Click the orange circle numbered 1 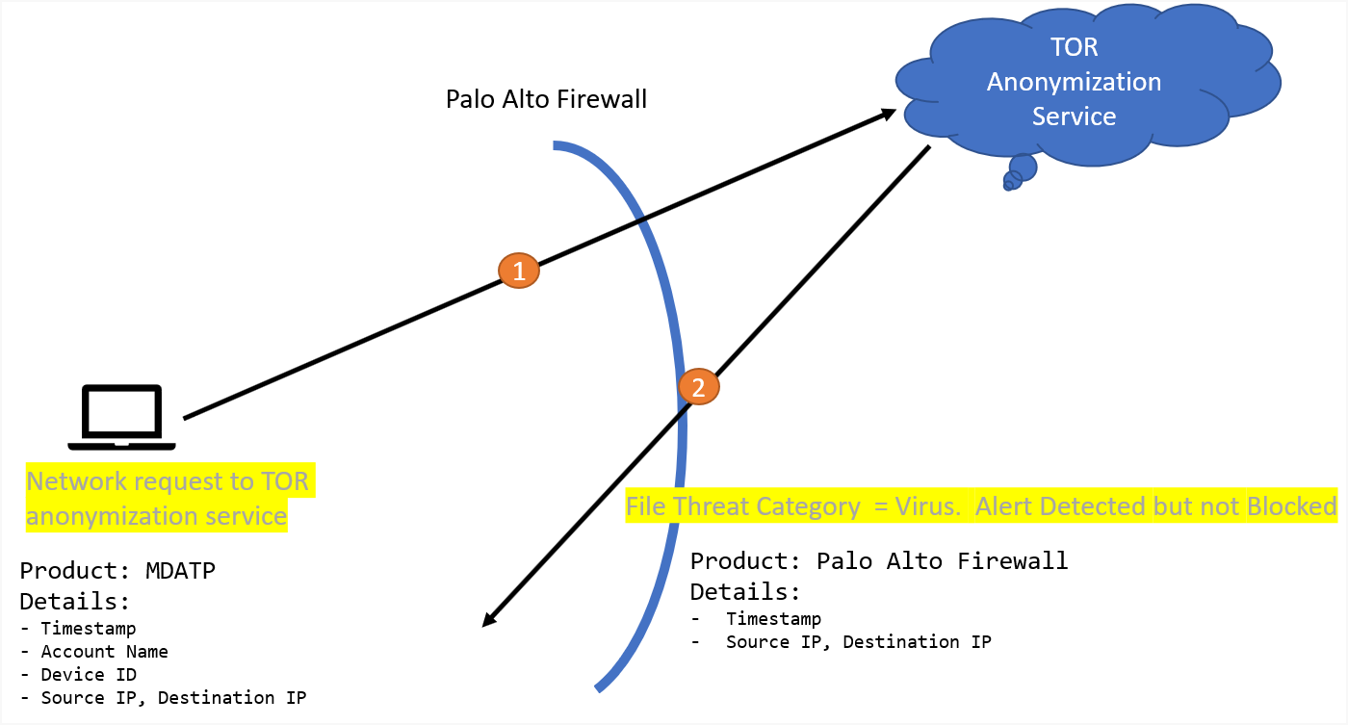[519, 272]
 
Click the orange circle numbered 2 [699, 387]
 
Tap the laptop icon [121, 417]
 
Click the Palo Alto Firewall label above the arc [546, 99]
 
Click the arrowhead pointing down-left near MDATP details [488, 621]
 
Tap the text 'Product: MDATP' [117, 571]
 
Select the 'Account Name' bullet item [104, 652]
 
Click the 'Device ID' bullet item [89, 675]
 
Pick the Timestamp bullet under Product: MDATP [88, 629]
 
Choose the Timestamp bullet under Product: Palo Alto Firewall [773, 619]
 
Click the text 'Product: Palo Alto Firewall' [879, 561]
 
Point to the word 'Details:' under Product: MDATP [75, 602]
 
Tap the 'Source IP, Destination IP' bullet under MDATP [173, 698]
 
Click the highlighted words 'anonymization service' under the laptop [156, 516]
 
